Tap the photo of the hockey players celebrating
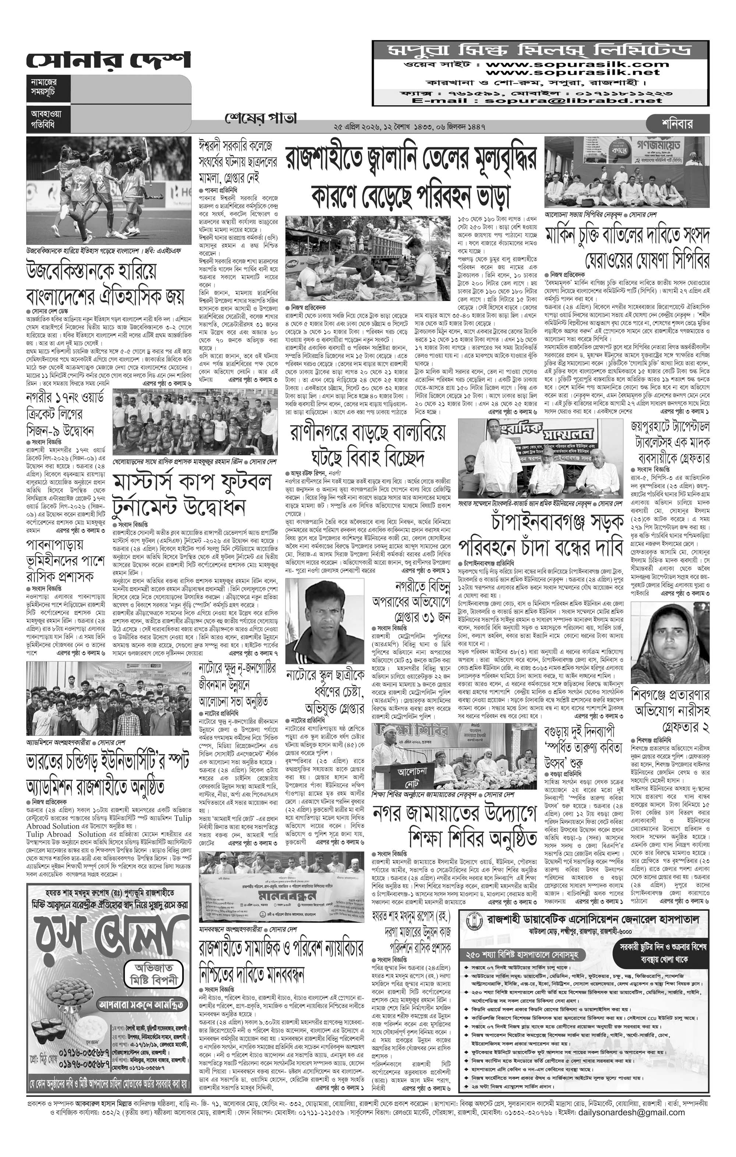pyautogui.click(x=109, y=190)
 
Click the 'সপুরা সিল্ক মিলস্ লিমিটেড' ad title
pyautogui.click(x=540, y=50)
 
